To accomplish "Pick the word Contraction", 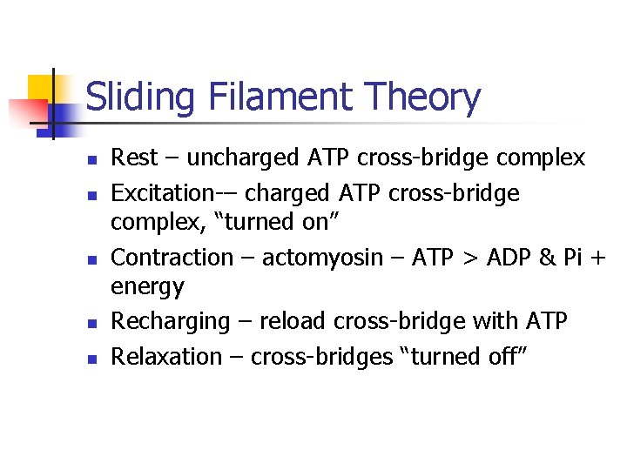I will tap(173, 258).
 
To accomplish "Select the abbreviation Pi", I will tap(575, 258).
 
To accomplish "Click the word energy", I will tap(148, 286).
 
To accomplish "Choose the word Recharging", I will tap(170, 322).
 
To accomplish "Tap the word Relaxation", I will tap(167, 357).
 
